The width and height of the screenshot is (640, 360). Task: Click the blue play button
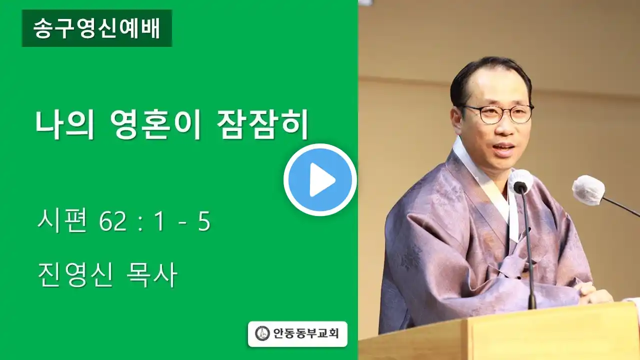(x=320, y=179)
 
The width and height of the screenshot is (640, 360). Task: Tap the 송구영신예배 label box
(x=97, y=28)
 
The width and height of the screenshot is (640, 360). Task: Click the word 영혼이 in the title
(x=155, y=124)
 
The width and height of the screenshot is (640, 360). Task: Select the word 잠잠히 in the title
(x=262, y=124)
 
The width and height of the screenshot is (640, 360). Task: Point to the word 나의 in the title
(x=65, y=124)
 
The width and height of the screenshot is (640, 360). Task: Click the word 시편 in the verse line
(x=62, y=221)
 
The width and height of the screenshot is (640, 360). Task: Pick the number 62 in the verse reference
(x=112, y=222)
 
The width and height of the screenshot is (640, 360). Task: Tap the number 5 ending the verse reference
(x=204, y=222)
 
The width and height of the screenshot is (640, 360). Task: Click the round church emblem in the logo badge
(x=262, y=333)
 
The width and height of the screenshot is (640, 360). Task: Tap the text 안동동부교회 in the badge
(x=306, y=333)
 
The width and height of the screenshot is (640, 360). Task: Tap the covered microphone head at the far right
(x=588, y=190)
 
